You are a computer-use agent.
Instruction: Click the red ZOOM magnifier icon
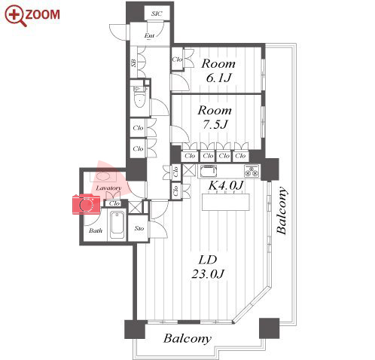point(15,16)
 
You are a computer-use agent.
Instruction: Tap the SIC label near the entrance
point(157,14)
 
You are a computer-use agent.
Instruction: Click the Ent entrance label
point(149,35)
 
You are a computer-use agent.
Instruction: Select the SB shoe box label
point(134,63)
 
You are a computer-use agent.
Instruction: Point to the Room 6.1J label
point(218,71)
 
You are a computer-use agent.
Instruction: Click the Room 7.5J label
point(215,117)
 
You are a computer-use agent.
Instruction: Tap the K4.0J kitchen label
point(226,185)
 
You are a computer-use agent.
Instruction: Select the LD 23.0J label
point(208,267)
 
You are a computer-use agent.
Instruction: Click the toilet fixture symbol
point(139,97)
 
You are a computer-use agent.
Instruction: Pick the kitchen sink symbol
point(209,171)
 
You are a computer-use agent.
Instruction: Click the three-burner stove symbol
point(252,171)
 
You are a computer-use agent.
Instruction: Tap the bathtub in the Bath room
point(117,226)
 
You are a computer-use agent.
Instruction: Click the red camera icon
point(87,204)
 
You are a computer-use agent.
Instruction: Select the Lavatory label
point(108,188)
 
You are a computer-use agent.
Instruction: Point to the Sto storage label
point(139,228)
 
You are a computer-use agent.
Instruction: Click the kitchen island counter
point(226,202)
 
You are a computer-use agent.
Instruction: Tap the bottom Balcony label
point(187,338)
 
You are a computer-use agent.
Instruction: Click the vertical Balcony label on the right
point(281,210)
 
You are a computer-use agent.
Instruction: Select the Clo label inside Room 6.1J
point(177,59)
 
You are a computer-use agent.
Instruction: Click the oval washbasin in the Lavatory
point(103,176)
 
